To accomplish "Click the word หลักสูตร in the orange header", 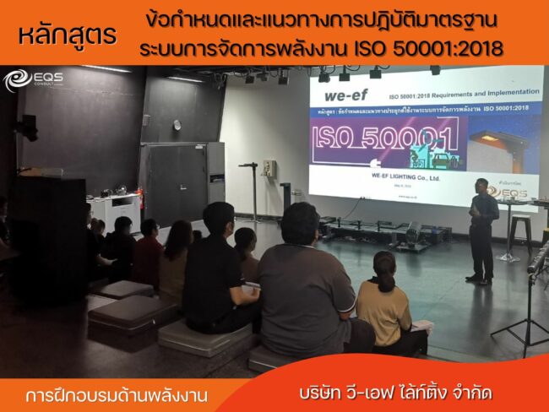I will tap(68, 35).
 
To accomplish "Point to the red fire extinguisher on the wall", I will tap(140, 198).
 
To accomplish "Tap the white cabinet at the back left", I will tap(115, 211).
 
